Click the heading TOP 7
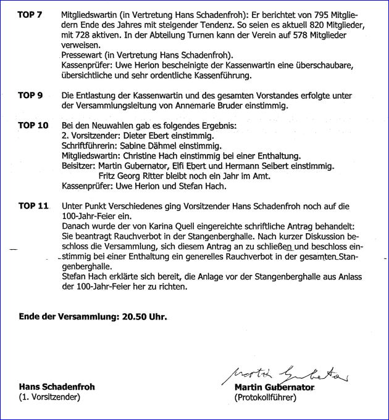click(x=30, y=14)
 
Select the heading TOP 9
click(x=30, y=96)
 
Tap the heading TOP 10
click(x=33, y=125)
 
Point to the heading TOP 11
click(x=33, y=205)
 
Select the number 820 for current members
click(x=302, y=25)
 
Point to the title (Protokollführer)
click(x=266, y=398)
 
